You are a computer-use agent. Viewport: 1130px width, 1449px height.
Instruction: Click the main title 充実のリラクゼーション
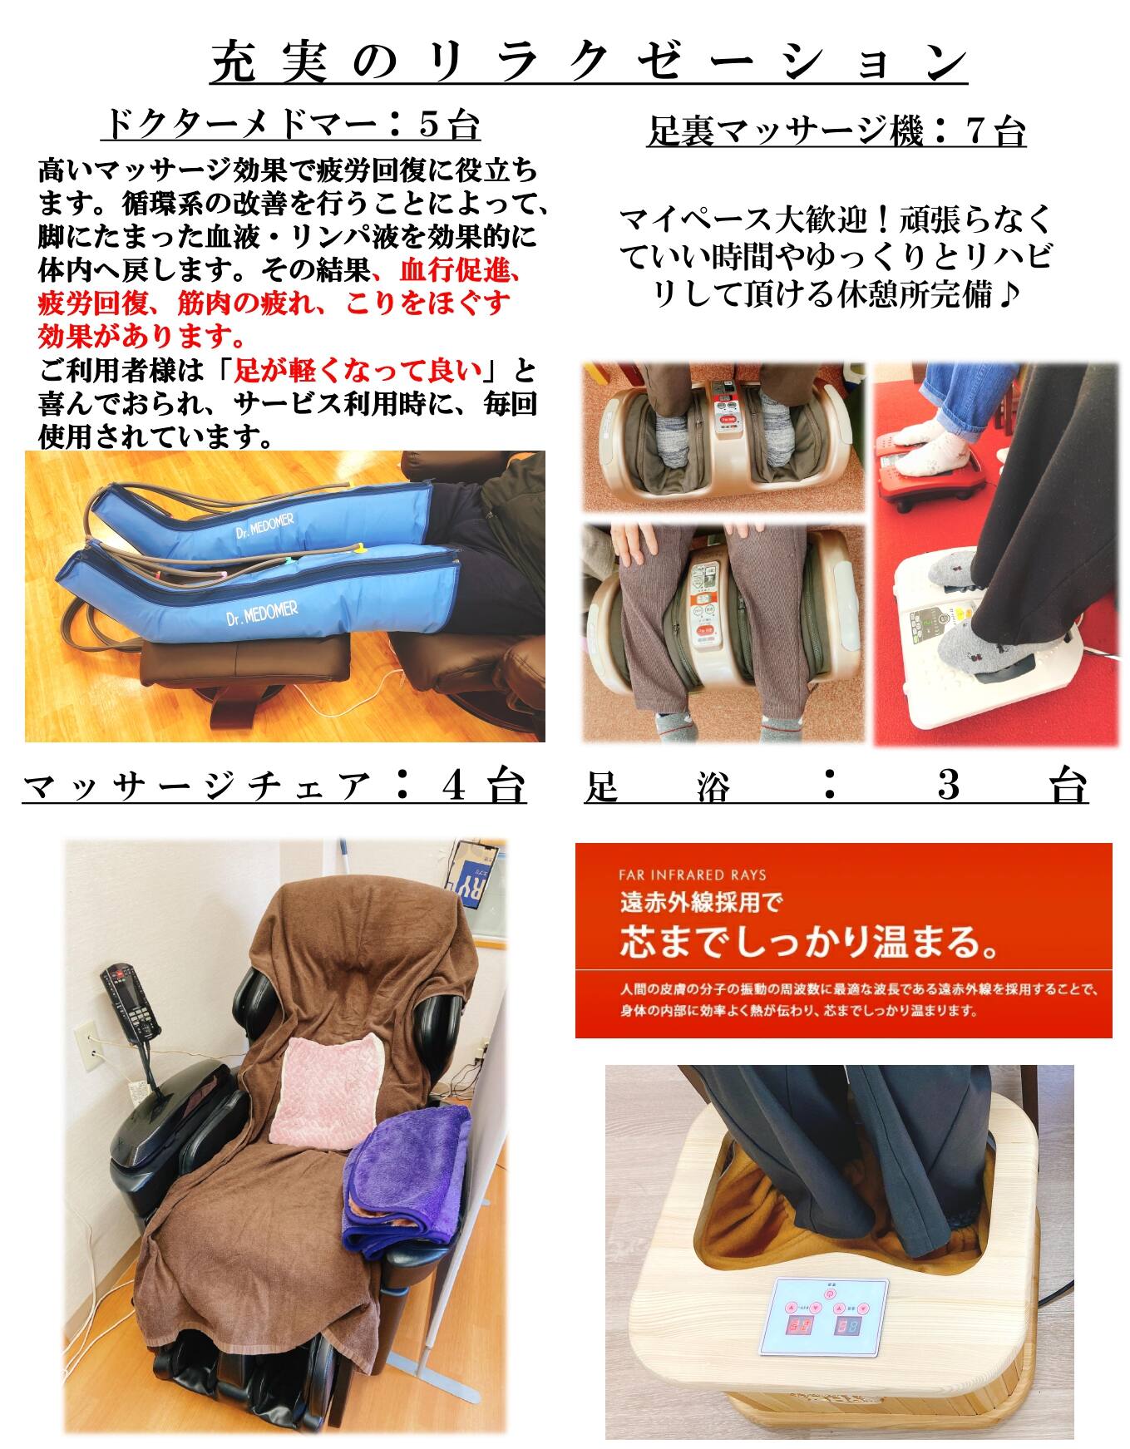(589, 62)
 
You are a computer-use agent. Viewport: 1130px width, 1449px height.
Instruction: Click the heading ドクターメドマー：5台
(291, 126)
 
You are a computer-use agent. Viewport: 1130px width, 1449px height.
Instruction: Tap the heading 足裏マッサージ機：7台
(836, 131)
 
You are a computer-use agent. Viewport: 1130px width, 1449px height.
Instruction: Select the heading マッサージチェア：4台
(274, 786)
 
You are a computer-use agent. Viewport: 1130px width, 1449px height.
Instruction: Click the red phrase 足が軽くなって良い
(359, 368)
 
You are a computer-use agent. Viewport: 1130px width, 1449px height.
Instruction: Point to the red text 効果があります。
(142, 336)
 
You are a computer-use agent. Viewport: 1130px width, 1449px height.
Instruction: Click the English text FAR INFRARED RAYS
(693, 875)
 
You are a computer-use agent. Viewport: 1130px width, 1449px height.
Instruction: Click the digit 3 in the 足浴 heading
(950, 786)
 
